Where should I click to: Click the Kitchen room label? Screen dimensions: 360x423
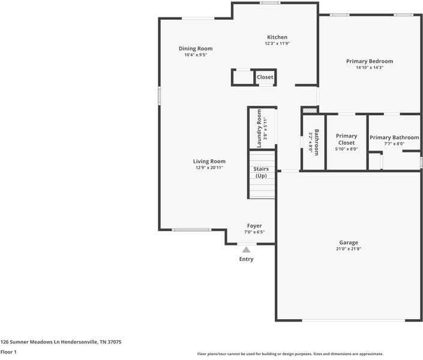coord(277,37)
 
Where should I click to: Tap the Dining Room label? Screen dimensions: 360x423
coord(196,49)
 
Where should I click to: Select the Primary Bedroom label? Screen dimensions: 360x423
coord(370,61)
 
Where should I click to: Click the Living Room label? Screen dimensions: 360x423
coord(209,161)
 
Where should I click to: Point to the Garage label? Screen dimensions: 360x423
coord(348,242)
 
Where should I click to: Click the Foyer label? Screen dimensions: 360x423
coord(254,226)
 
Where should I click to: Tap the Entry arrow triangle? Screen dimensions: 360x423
coord(246,250)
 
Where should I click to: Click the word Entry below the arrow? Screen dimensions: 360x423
coord(246,259)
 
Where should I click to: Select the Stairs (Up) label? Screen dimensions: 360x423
coord(261,172)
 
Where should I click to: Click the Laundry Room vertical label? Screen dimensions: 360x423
coord(259,128)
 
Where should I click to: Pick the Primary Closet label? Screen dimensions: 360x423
coord(346,139)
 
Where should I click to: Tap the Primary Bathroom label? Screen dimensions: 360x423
coord(394,137)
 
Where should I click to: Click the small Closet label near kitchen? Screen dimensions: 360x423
coord(265,77)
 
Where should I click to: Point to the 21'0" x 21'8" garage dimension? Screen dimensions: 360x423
coord(348,249)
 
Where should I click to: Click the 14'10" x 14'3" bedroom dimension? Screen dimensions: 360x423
coord(370,68)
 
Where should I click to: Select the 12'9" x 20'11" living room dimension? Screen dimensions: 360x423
coord(209,168)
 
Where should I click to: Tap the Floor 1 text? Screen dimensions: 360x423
coord(8,352)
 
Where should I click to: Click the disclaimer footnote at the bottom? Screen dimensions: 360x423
coord(290,354)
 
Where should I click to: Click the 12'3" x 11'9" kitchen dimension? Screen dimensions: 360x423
coord(277,43)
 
